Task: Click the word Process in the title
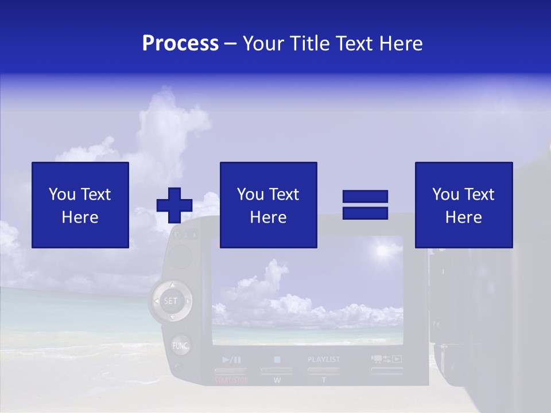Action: pyautogui.click(x=180, y=44)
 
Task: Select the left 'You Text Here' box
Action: pyautogui.click(x=80, y=205)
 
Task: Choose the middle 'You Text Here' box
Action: pyautogui.click(x=268, y=205)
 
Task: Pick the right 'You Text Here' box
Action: pyautogui.click(x=463, y=205)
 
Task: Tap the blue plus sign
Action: pyautogui.click(x=174, y=205)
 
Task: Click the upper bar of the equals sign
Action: pyautogui.click(x=365, y=197)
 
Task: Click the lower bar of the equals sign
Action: pyautogui.click(x=365, y=213)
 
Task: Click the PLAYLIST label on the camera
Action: pyautogui.click(x=324, y=360)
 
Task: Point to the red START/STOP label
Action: pyautogui.click(x=231, y=380)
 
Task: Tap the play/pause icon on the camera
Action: pyautogui.click(x=231, y=360)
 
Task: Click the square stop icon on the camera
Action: pyautogui.click(x=277, y=360)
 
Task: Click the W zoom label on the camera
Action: pyautogui.click(x=277, y=380)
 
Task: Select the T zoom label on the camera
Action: pyautogui.click(x=324, y=380)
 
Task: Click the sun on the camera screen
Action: pyautogui.click(x=381, y=250)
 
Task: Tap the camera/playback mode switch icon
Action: pyautogui.click(x=386, y=360)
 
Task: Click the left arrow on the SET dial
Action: pyautogui.click(x=156, y=301)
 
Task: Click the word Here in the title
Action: pyautogui.click(x=402, y=44)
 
